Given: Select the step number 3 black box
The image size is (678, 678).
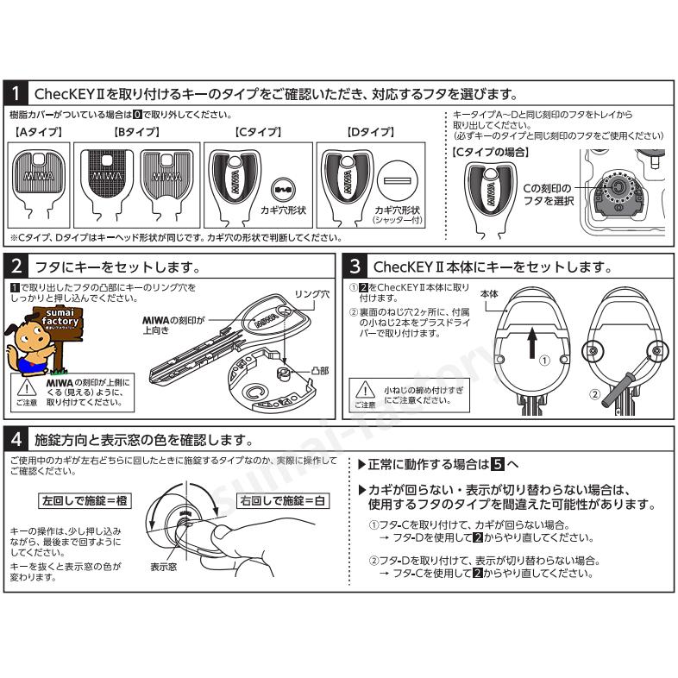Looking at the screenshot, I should tap(355, 267).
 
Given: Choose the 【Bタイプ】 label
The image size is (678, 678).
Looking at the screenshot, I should tap(137, 133).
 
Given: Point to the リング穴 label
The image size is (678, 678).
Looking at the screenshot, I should tap(312, 294).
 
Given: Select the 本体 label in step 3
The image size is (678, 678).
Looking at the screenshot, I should tap(490, 293).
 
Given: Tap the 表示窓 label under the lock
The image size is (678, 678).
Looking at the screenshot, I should tap(164, 568).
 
